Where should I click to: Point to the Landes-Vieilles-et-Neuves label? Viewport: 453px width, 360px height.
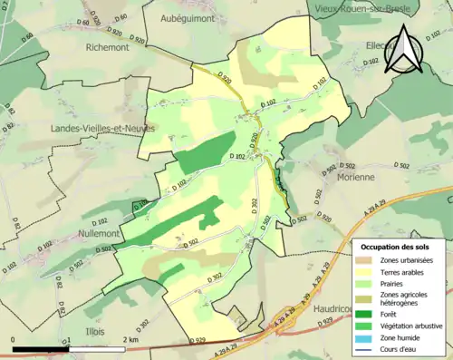[102, 129]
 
